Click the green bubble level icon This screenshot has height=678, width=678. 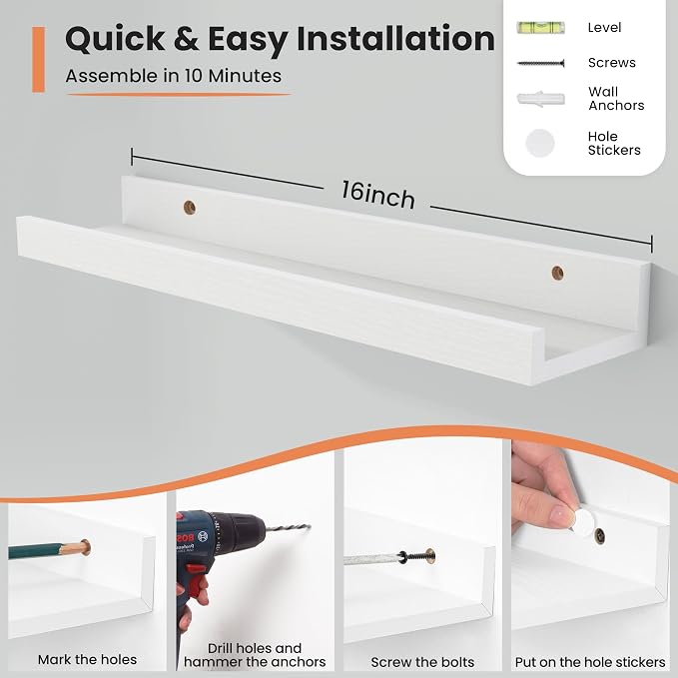point(540,28)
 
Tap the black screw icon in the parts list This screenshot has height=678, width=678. point(540,64)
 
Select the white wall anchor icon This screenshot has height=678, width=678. point(540,99)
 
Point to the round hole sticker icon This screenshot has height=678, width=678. point(540,143)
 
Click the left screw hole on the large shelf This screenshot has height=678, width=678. point(190,208)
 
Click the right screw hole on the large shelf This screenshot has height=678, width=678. point(557,274)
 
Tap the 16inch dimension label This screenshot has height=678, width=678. point(378,196)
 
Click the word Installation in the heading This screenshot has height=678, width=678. point(395,39)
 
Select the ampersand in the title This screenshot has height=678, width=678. point(186,39)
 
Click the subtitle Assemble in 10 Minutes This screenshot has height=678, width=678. point(174,76)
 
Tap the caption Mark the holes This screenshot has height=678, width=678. point(87,659)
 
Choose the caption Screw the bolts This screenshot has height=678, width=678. point(422,662)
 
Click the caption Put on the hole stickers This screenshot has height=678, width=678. point(590,662)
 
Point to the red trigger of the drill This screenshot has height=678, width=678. point(197,579)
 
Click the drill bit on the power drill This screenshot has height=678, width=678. point(288,528)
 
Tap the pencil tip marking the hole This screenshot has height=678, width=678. point(84,548)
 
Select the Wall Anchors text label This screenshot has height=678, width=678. point(616,99)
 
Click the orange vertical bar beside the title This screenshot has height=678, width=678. point(39,59)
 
